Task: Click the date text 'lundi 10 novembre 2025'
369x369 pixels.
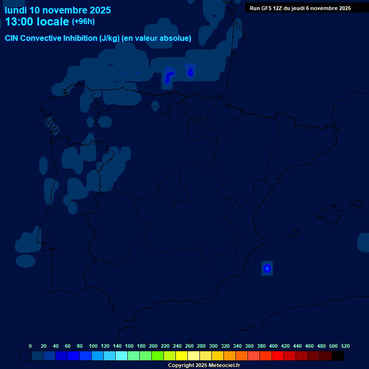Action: pyautogui.click(x=58, y=10)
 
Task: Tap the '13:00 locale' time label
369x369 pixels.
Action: pyautogui.click(x=37, y=22)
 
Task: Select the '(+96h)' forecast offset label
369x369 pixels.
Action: pyautogui.click(x=83, y=22)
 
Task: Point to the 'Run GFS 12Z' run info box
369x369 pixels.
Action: pyautogui.click(x=300, y=8)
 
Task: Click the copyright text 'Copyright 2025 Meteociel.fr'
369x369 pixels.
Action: pyautogui.click(x=204, y=365)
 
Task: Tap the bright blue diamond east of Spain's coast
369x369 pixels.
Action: pyautogui.click(x=267, y=268)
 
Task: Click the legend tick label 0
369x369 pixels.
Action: pyautogui.click(x=30, y=346)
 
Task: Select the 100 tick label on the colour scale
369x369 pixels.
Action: pyautogui.click(x=93, y=346)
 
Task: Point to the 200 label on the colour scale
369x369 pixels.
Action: pyautogui.click(x=153, y=346)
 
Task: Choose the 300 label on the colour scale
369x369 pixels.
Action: pyautogui.click(x=213, y=346)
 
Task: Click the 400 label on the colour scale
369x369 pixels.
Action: pyautogui.click(x=273, y=346)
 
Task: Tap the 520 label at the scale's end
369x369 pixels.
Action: pyautogui.click(x=345, y=346)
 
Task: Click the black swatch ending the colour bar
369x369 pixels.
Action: pyautogui.click(x=338, y=356)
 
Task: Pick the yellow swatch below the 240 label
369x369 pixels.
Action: pyautogui.click(x=182, y=356)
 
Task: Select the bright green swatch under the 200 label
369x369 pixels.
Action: pyautogui.click(x=158, y=356)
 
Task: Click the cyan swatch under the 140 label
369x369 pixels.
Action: pyautogui.click(x=122, y=356)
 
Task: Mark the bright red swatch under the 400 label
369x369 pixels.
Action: pyautogui.click(x=278, y=356)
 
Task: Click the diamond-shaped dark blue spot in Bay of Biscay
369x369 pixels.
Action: pyautogui.click(x=191, y=73)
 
